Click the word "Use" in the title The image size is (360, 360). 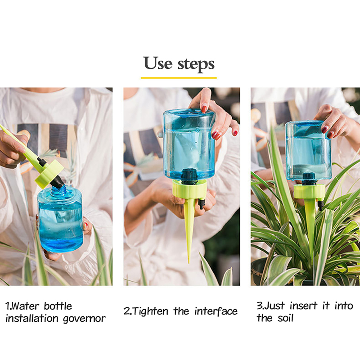pyautogui.click(x=158, y=63)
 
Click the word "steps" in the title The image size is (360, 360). pyautogui.click(x=196, y=64)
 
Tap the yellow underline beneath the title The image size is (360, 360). pyautogui.click(x=179, y=78)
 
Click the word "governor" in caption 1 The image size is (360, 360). pyautogui.click(x=84, y=319)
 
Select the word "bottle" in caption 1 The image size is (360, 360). pyautogui.click(x=58, y=306)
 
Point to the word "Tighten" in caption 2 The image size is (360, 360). pyautogui.click(x=150, y=311)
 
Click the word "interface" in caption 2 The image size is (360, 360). pyautogui.click(x=216, y=311)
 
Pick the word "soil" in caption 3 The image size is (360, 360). pyautogui.click(x=285, y=318)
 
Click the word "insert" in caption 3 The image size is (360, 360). pyautogui.click(x=303, y=306)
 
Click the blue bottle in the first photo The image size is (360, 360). pyautogui.click(x=60, y=219)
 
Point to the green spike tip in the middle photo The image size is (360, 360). pyautogui.click(x=189, y=261)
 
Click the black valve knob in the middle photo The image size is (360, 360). pyautogui.click(x=202, y=204)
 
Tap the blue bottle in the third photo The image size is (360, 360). pyautogui.click(x=308, y=151)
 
